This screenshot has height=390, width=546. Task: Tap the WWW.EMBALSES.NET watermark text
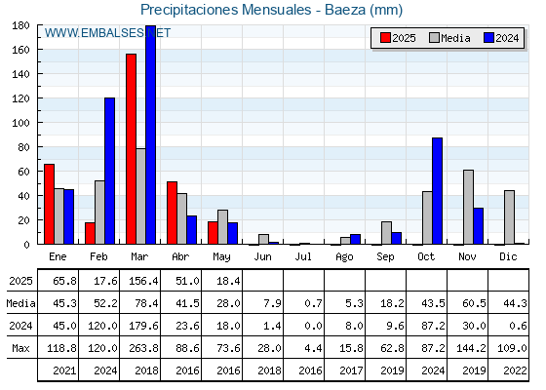tap(107, 33)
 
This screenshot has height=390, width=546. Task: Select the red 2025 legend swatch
tap(385, 38)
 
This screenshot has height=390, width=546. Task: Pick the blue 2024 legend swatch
tap(488, 38)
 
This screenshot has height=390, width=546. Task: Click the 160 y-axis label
tap(20, 50)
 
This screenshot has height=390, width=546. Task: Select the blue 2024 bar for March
tap(151, 135)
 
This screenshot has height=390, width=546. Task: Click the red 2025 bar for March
tap(131, 149)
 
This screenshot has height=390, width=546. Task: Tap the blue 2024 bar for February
tap(109, 171)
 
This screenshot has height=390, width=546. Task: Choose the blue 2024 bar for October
tap(438, 191)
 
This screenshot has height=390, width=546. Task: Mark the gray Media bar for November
tap(468, 207)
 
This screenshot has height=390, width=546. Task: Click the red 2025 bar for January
tap(49, 204)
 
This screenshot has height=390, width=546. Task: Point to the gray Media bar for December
tap(509, 217)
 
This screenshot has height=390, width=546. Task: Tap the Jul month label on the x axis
tap(303, 256)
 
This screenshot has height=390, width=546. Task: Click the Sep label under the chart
tap(385, 257)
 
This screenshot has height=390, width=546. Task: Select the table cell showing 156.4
tap(140, 281)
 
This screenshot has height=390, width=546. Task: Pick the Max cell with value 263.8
tap(140, 348)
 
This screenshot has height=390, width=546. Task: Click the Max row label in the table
tap(20, 348)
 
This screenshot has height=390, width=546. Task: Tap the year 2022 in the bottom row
tap(515, 370)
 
